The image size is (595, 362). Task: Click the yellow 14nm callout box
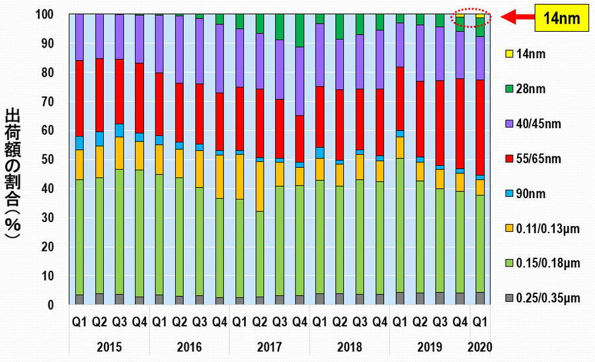tap(560, 18)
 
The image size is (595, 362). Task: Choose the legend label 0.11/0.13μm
tap(549, 228)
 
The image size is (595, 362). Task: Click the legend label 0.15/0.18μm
tap(549, 263)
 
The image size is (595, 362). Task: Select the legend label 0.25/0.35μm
tap(549, 298)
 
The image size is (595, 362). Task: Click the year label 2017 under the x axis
tap(269, 346)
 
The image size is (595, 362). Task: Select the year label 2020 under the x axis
tap(479, 346)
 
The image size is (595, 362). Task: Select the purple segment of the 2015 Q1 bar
tap(79, 37)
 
